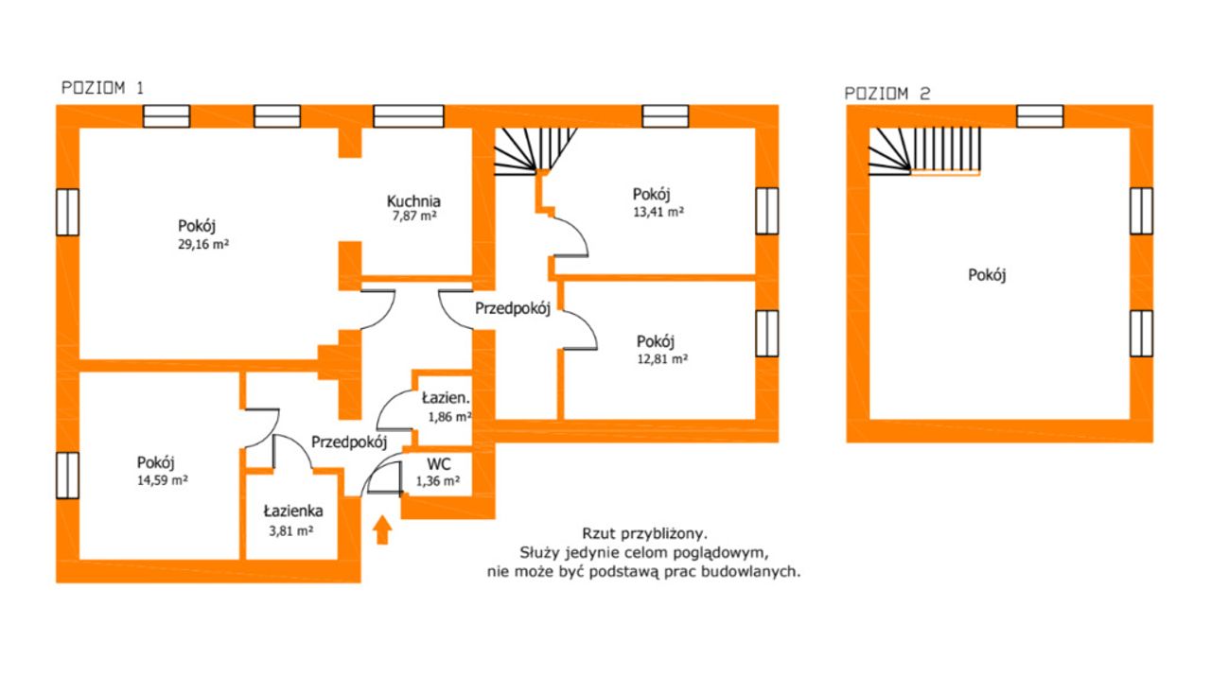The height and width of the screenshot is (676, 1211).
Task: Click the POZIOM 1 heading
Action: pyautogui.click(x=103, y=88)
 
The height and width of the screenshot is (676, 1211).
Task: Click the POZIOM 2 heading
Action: pyautogui.click(x=887, y=94)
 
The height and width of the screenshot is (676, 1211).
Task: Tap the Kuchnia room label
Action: pyautogui.click(x=413, y=201)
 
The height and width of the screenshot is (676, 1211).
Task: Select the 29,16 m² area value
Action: pyautogui.click(x=203, y=244)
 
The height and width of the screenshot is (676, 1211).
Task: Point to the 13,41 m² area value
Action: pyautogui.click(x=658, y=212)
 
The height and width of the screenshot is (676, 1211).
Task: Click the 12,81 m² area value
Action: pyautogui.click(x=662, y=359)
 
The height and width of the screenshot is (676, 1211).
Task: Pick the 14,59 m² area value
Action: pyautogui.click(x=162, y=480)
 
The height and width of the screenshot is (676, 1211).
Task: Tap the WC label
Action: pyautogui.click(x=438, y=464)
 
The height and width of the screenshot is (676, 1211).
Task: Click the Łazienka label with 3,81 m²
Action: pyautogui.click(x=293, y=511)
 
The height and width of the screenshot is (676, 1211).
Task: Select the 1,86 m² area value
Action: pyautogui.click(x=449, y=417)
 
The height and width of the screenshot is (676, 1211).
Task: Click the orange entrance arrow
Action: pyautogui.click(x=382, y=529)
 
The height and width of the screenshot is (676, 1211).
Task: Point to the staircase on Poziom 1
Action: pyautogui.click(x=535, y=151)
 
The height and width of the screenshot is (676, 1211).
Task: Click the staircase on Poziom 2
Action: pyautogui.click(x=924, y=151)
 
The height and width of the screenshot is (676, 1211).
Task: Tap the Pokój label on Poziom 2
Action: pyautogui.click(x=987, y=275)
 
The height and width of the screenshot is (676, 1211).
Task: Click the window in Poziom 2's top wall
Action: pyautogui.click(x=1040, y=116)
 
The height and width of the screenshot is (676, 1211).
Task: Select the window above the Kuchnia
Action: pyautogui.click(x=409, y=116)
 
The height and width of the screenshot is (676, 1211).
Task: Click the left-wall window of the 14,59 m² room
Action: pyautogui.click(x=67, y=475)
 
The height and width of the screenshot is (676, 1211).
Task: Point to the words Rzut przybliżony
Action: pyautogui.click(x=644, y=534)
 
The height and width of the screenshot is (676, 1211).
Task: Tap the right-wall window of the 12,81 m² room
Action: pyautogui.click(x=766, y=334)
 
